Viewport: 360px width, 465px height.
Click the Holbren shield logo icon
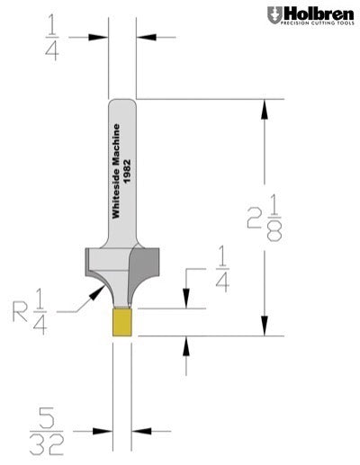[274, 14]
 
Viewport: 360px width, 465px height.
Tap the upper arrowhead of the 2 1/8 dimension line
[264, 106]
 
